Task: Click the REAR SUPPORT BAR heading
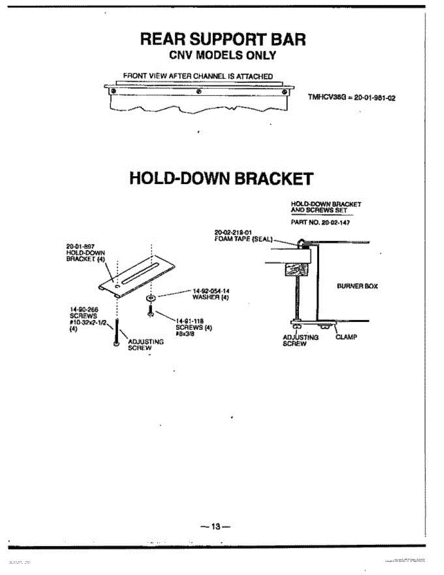click(x=223, y=39)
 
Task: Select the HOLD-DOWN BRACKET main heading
click(x=221, y=178)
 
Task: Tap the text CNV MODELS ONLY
click(x=223, y=56)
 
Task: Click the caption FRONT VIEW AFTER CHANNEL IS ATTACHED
click(x=198, y=76)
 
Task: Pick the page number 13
click(x=215, y=527)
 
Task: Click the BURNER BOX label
click(x=357, y=286)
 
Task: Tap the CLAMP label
click(x=346, y=337)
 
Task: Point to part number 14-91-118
click(x=191, y=322)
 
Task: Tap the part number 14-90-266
click(x=82, y=310)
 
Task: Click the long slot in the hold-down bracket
click(x=138, y=274)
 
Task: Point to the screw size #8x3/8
click(x=185, y=334)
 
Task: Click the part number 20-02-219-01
click(x=230, y=232)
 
